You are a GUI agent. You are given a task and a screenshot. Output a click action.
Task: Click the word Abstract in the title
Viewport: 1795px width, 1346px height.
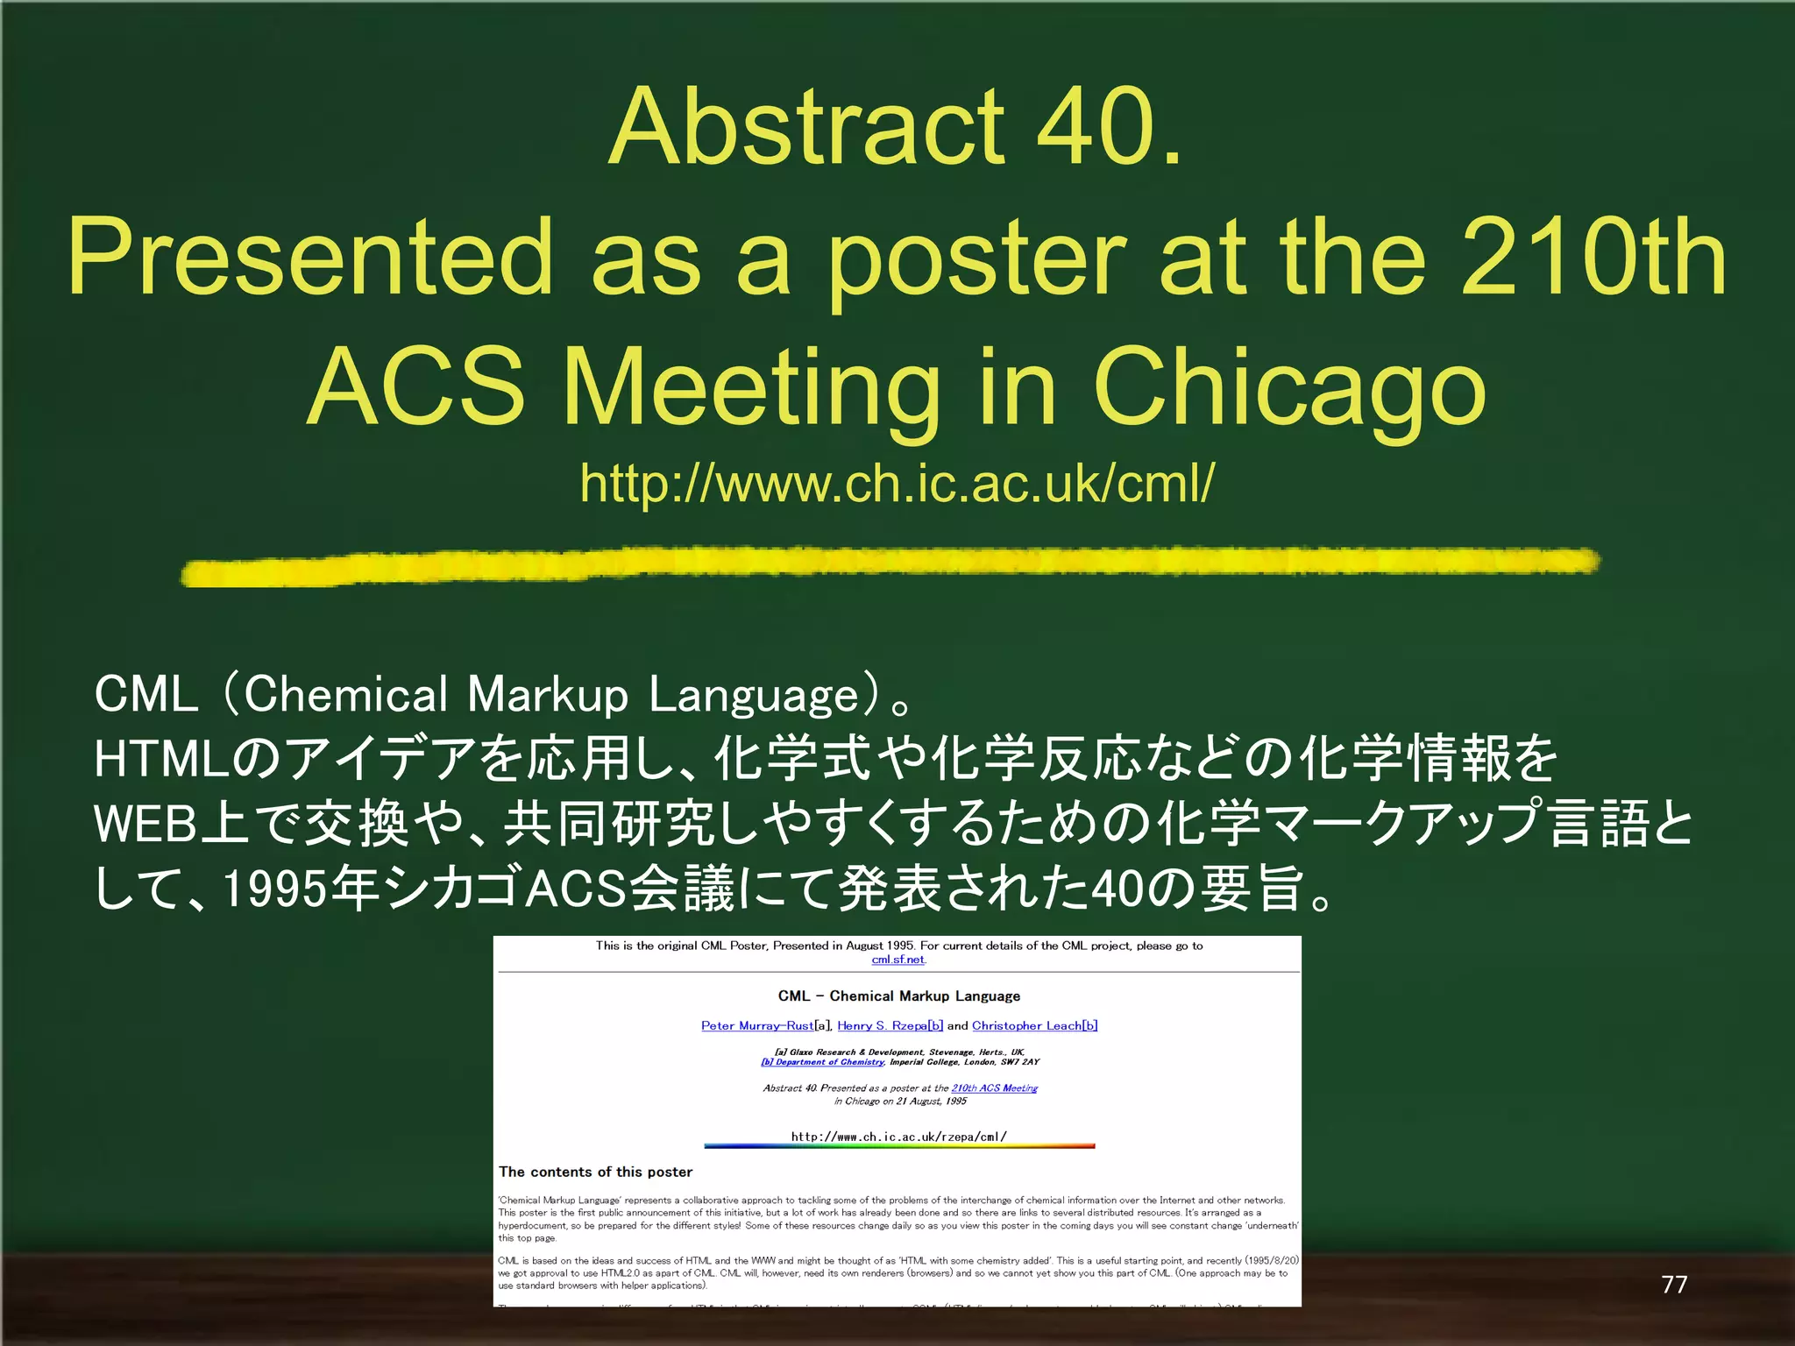click(805, 127)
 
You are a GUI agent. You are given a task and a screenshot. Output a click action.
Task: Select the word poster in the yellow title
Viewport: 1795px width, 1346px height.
click(976, 259)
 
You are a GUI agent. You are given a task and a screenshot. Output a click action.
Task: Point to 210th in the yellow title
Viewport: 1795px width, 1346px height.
click(1593, 259)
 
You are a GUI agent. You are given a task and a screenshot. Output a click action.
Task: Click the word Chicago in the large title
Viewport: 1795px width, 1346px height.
click(1288, 387)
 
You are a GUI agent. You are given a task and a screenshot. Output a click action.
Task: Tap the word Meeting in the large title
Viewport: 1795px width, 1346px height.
click(751, 387)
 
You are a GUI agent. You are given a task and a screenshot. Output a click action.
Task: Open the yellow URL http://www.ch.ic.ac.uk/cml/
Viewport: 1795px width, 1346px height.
click(897, 483)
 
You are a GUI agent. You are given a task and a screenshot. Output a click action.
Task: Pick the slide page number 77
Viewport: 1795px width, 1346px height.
click(1674, 1284)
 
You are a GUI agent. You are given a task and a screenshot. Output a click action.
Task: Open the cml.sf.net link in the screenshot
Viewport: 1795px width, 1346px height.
click(897, 960)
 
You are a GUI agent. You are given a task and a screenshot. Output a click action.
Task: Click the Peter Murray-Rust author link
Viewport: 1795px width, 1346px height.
click(757, 1025)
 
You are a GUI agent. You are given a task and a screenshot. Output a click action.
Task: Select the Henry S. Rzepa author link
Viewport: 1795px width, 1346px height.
click(890, 1025)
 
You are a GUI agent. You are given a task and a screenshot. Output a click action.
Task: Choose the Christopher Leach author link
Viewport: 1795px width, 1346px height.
click(1034, 1025)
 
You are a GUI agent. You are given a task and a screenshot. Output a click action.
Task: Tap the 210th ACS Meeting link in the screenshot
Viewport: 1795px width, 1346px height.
click(994, 1088)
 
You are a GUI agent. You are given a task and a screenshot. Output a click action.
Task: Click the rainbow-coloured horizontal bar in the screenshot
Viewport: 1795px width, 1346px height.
click(899, 1146)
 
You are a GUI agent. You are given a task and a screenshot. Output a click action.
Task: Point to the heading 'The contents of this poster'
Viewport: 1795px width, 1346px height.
click(596, 1172)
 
